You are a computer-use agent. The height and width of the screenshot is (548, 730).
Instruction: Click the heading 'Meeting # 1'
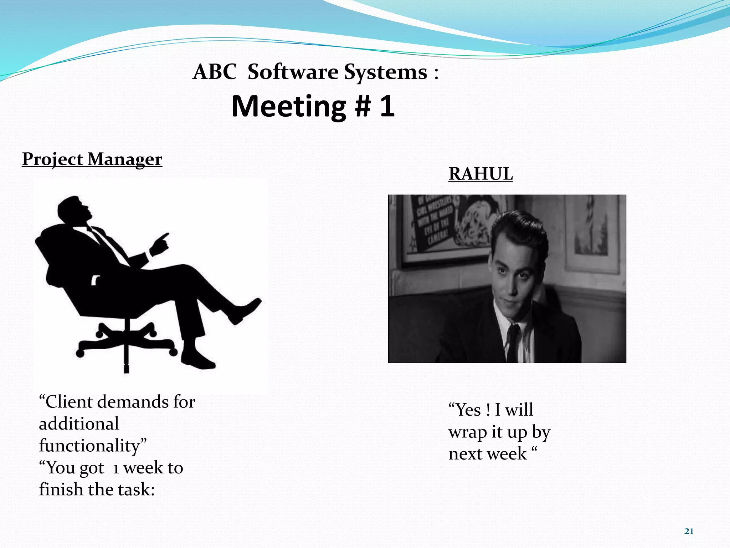(x=313, y=106)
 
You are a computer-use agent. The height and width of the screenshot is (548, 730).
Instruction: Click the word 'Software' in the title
(x=293, y=72)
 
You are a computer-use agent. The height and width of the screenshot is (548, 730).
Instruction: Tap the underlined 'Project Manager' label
(x=92, y=159)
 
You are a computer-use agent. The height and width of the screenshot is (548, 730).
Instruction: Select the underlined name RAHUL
(x=480, y=174)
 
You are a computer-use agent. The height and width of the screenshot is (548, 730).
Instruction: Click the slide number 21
(x=689, y=531)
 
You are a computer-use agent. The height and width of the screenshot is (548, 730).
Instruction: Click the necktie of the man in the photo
(x=512, y=342)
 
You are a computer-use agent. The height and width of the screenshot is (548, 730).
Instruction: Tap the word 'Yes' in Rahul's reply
(x=466, y=410)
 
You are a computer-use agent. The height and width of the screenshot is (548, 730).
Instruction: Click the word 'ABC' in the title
(x=215, y=72)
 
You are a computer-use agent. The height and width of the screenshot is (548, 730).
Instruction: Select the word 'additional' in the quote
(x=79, y=424)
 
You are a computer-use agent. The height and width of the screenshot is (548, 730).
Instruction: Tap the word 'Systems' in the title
(x=386, y=72)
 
